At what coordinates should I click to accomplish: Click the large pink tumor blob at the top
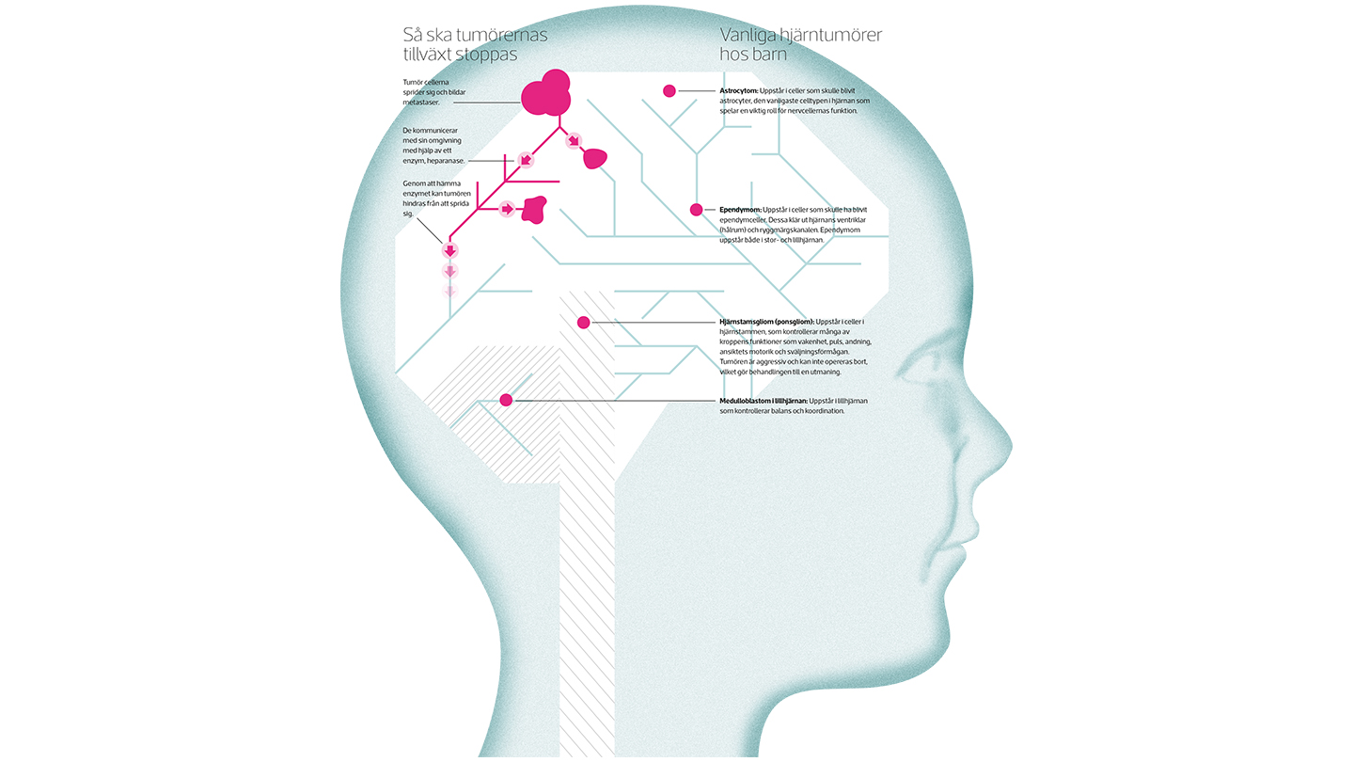click(545, 94)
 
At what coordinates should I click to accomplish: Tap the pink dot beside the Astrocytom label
click(669, 90)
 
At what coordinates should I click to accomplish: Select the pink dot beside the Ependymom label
click(697, 210)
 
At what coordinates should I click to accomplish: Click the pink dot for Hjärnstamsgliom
click(583, 323)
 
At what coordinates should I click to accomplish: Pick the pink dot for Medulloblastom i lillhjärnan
click(507, 400)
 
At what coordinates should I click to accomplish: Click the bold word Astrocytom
click(739, 90)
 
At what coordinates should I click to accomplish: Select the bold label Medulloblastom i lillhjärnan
click(764, 401)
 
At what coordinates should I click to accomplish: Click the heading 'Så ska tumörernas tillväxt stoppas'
click(475, 44)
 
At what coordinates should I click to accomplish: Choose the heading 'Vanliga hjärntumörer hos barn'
click(801, 44)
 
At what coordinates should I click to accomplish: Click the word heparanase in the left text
click(445, 161)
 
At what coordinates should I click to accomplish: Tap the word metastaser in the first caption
click(421, 103)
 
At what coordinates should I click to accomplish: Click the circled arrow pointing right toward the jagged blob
click(507, 209)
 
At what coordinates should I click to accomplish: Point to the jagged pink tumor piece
click(534, 210)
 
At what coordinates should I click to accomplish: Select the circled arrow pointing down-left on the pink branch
click(526, 160)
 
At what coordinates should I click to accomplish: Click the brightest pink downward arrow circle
click(449, 250)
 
